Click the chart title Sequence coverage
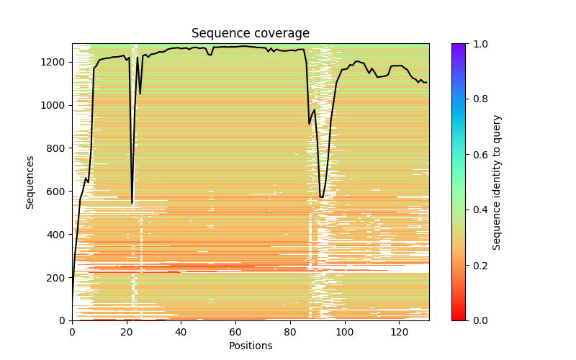(251, 34)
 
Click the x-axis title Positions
(251, 346)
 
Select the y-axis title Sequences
(30, 181)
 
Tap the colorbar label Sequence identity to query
(497, 181)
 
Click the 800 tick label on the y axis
(58, 148)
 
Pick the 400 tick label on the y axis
(58, 235)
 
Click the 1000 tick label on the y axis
(55, 105)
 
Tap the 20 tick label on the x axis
(127, 332)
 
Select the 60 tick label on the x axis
(235, 332)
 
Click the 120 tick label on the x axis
(399, 332)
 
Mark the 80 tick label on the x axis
(290, 332)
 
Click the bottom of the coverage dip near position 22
(132, 203)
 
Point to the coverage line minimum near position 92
(322, 197)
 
